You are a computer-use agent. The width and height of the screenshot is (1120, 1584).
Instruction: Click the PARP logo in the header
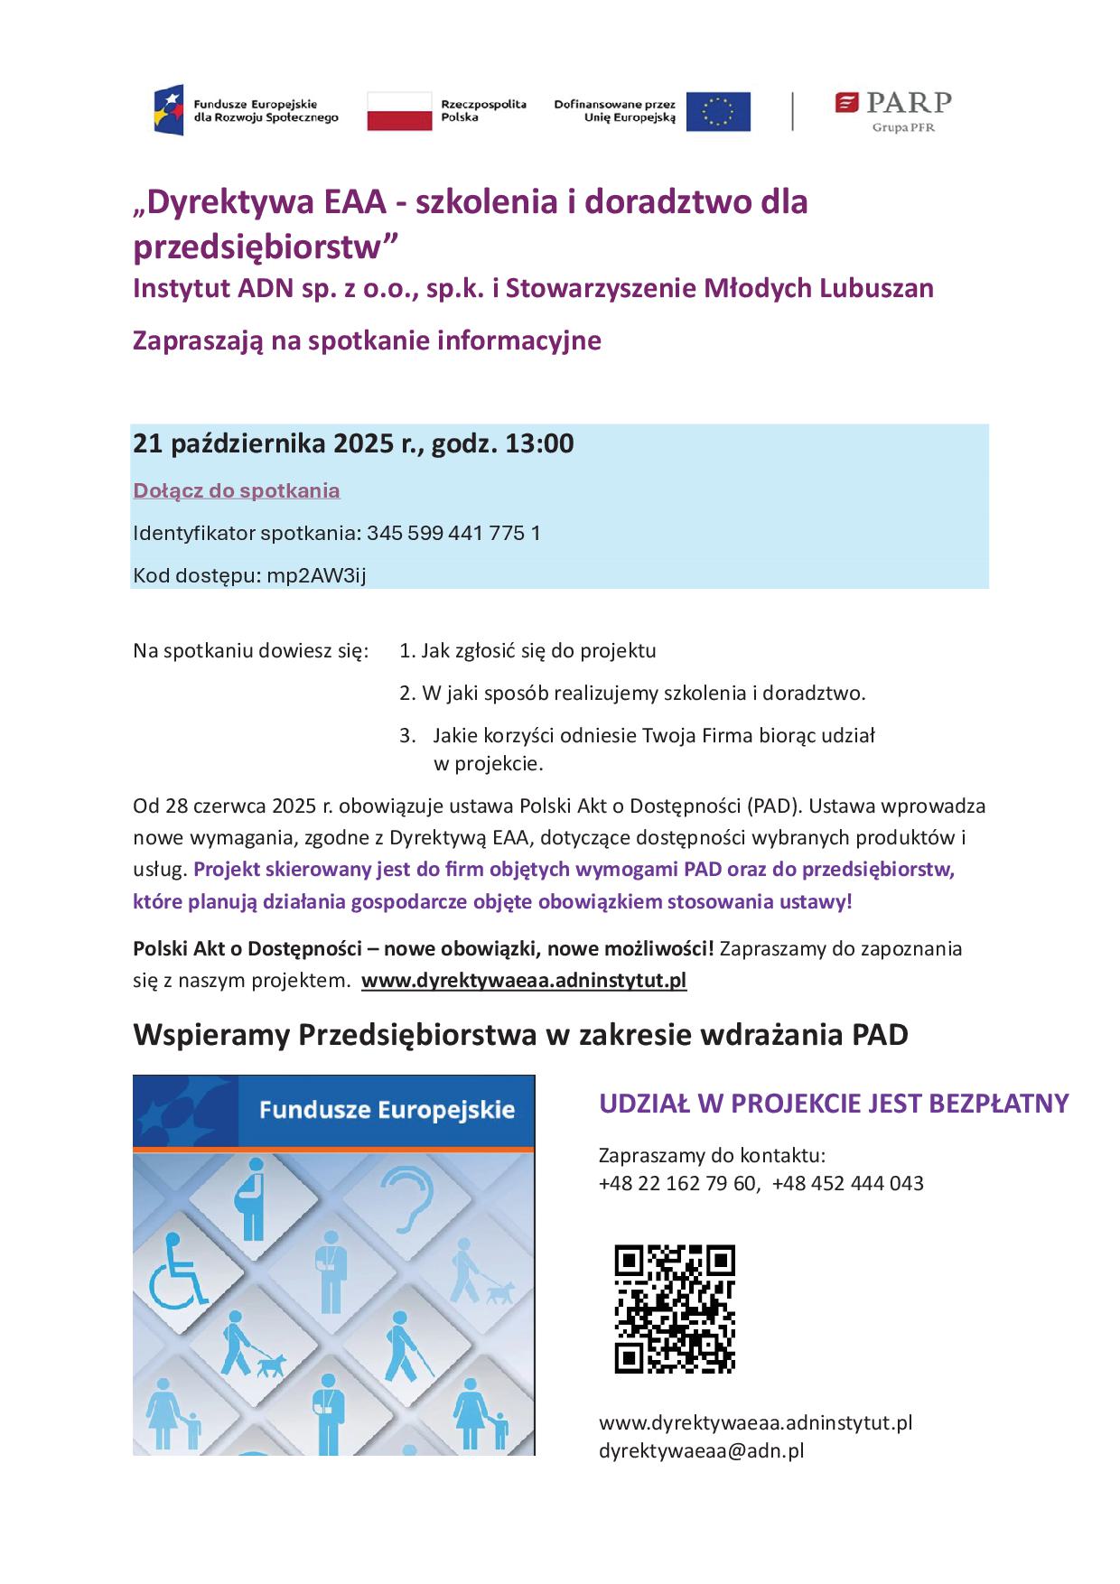pos(892,110)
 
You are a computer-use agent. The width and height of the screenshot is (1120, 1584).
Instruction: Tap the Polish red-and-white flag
pos(398,111)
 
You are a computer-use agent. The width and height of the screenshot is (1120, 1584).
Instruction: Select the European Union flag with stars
pos(717,111)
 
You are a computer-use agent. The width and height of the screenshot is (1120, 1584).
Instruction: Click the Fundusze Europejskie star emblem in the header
pos(169,110)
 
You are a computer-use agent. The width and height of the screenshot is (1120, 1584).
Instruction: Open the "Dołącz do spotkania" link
pos(237,490)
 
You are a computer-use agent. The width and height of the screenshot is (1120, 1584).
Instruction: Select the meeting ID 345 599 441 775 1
pos(453,533)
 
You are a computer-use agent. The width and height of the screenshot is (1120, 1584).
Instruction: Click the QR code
pos(675,1309)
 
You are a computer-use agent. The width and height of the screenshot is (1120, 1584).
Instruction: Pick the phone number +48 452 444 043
pos(848,1183)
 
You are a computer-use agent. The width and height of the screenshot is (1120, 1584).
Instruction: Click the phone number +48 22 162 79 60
pos(678,1183)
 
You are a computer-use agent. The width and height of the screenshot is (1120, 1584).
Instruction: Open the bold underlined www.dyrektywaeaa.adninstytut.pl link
pos(524,981)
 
